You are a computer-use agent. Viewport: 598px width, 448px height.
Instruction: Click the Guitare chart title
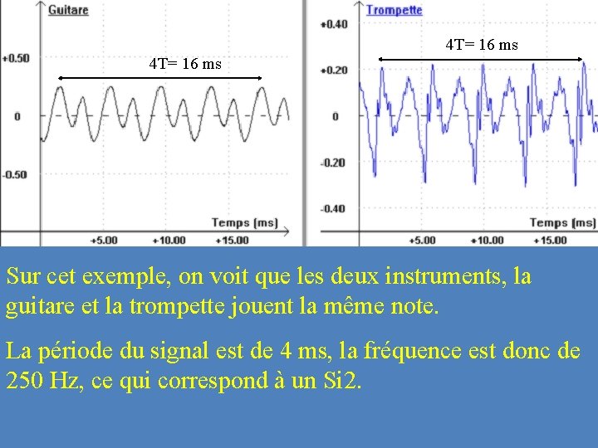68,10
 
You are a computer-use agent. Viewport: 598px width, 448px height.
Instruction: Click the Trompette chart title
394,10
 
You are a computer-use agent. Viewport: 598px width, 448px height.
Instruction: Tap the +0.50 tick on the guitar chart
16,58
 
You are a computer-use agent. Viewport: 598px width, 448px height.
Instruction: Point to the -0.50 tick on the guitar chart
15,174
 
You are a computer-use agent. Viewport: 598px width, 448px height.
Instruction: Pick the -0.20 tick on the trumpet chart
334,163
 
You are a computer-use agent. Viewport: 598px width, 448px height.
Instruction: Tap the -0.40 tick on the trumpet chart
334,208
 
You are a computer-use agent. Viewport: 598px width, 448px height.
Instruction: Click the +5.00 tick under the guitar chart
104,241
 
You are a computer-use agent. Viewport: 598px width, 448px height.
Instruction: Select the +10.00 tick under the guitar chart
168,241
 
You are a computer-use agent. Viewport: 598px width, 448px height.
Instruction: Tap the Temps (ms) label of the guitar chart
244,222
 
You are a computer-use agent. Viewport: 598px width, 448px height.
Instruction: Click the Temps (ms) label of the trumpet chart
562,222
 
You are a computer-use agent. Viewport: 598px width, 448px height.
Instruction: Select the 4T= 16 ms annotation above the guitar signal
185,63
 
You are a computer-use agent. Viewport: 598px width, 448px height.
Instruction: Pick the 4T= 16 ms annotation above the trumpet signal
482,45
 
